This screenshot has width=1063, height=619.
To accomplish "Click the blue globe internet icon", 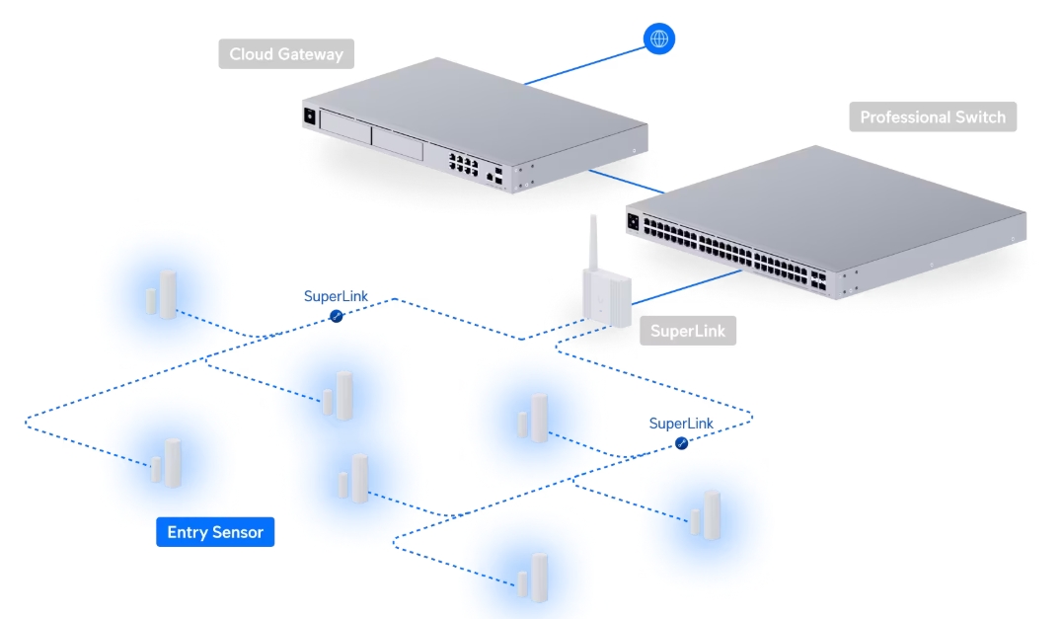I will (659, 39).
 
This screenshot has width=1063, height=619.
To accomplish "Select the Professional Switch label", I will (932, 117).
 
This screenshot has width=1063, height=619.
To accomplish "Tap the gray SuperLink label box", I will (687, 331).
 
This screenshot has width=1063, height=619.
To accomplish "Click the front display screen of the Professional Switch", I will (633, 220).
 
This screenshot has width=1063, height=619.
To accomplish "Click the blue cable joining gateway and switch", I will (628, 183).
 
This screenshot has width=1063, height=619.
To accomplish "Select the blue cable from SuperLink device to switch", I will (681, 290).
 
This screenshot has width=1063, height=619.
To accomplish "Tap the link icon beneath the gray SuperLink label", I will (681, 443).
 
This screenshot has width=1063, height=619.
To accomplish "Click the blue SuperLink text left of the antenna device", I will (335, 296).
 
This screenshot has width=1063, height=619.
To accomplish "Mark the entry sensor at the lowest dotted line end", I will (533, 578).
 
